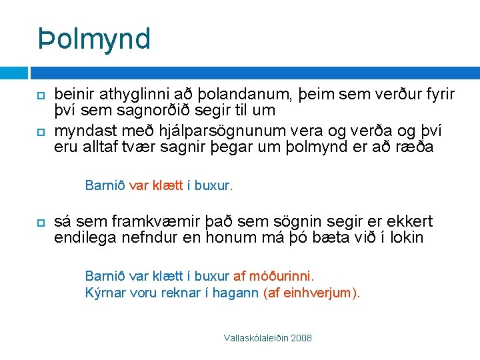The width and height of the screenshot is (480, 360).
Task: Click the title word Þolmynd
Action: [94, 39]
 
